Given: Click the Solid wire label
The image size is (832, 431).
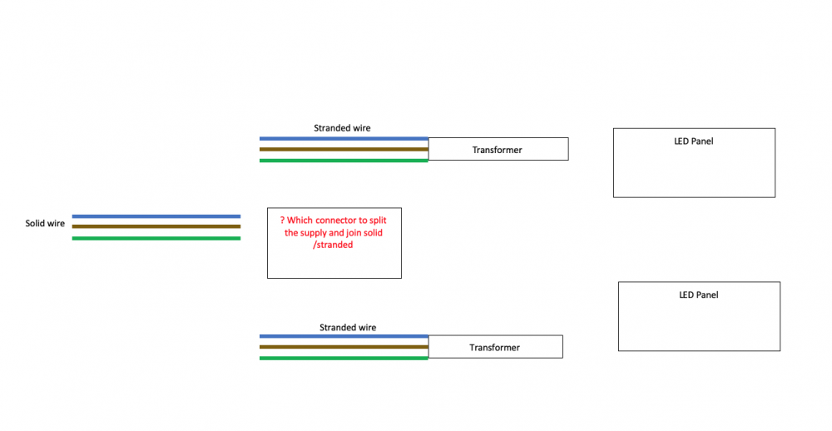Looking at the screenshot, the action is pos(45,224).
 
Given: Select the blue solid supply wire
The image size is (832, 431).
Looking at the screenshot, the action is pos(156,216).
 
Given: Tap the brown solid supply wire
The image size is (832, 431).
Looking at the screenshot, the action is pos(156,226).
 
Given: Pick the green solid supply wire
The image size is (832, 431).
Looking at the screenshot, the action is pos(156,238).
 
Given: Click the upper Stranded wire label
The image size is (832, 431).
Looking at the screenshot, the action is pos(342,128).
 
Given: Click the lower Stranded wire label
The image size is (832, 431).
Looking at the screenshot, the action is pos(348,328).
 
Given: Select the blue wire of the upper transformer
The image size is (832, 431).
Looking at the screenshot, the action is pos(344,138).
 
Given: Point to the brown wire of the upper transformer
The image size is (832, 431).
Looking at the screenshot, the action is pos(344,149).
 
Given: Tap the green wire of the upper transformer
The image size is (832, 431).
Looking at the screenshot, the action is pos(344,161).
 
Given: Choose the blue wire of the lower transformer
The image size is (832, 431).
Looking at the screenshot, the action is pos(344,336).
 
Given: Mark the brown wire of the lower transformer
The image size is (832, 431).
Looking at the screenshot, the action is pos(344,347).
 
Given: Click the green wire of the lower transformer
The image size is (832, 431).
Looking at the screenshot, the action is pos(344,359).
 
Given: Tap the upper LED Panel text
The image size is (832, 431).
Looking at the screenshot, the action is pos(694,141).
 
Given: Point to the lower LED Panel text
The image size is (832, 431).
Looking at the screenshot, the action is pos(699,295).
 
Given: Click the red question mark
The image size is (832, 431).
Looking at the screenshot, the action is pos(283,220).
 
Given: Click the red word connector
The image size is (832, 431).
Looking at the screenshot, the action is pos(337,220).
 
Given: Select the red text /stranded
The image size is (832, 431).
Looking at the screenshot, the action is pos(333,245).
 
